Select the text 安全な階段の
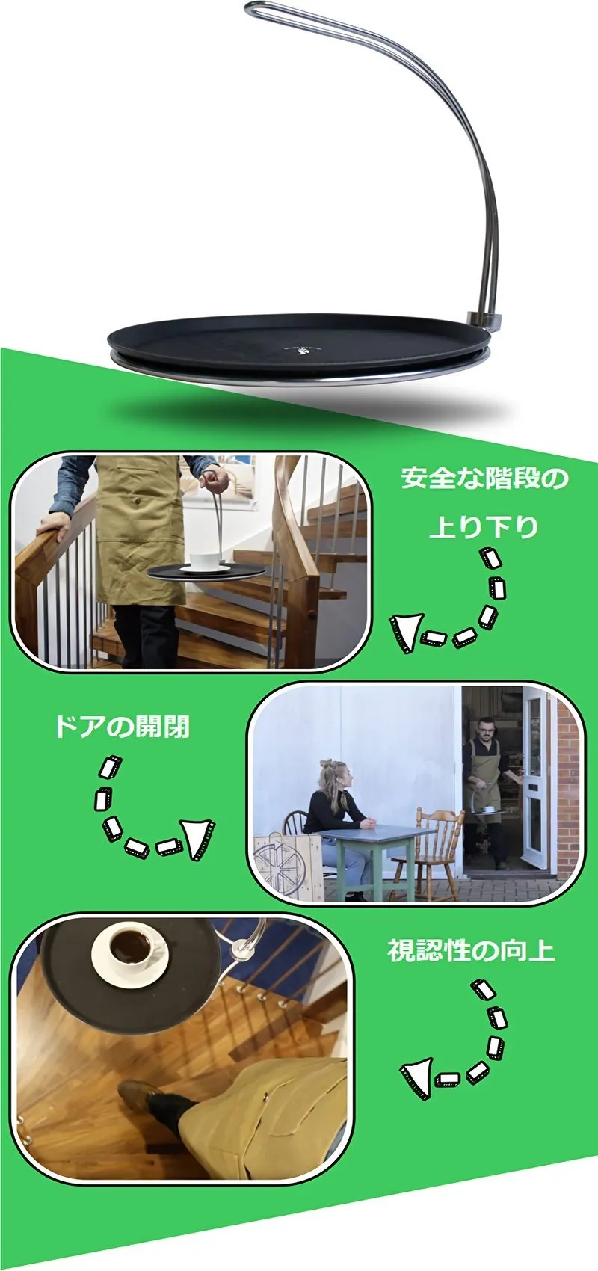[484, 478]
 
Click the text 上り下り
[484, 527]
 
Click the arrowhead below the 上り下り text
[405, 633]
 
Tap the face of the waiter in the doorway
[485, 730]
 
